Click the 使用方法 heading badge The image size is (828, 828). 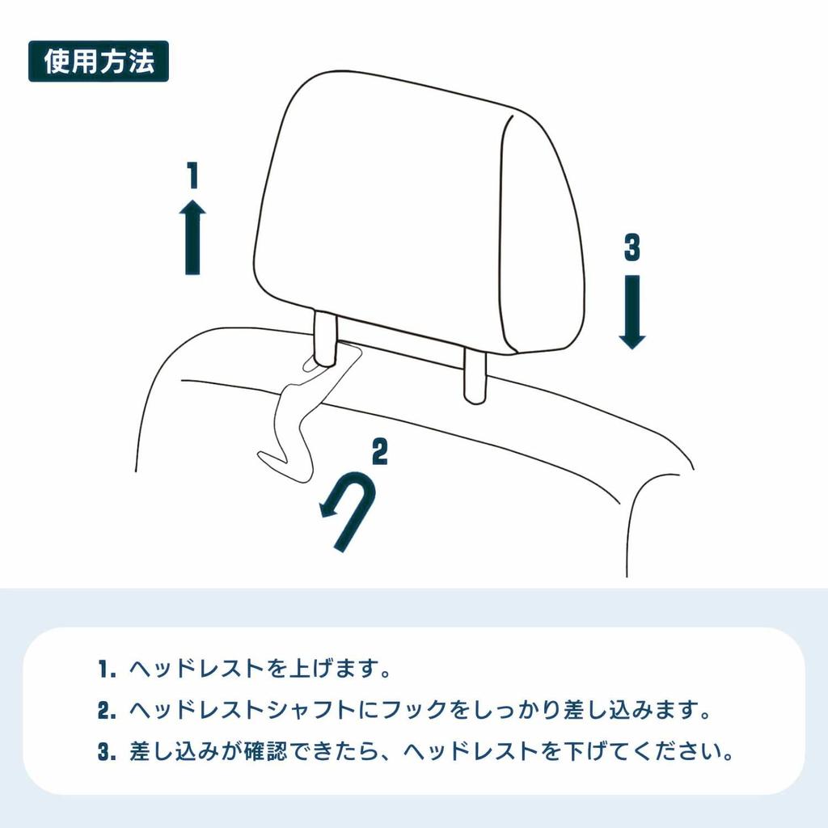tap(98, 61)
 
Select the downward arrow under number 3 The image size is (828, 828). tap(632, 310)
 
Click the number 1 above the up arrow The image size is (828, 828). tap(192, 175)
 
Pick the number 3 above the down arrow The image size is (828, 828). tap(632, 247)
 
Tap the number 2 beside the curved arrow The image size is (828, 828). tap(378, 452)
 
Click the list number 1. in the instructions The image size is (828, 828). tap(108, 670)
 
